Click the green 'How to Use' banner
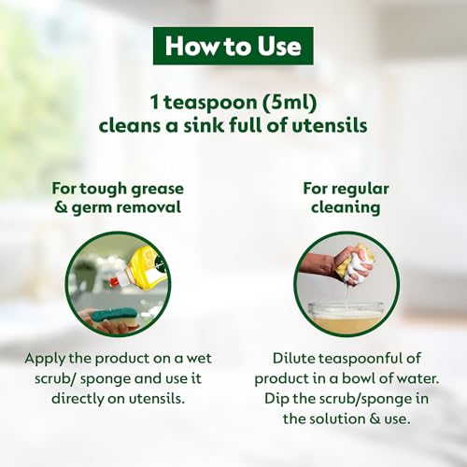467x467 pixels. coord(233,45)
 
